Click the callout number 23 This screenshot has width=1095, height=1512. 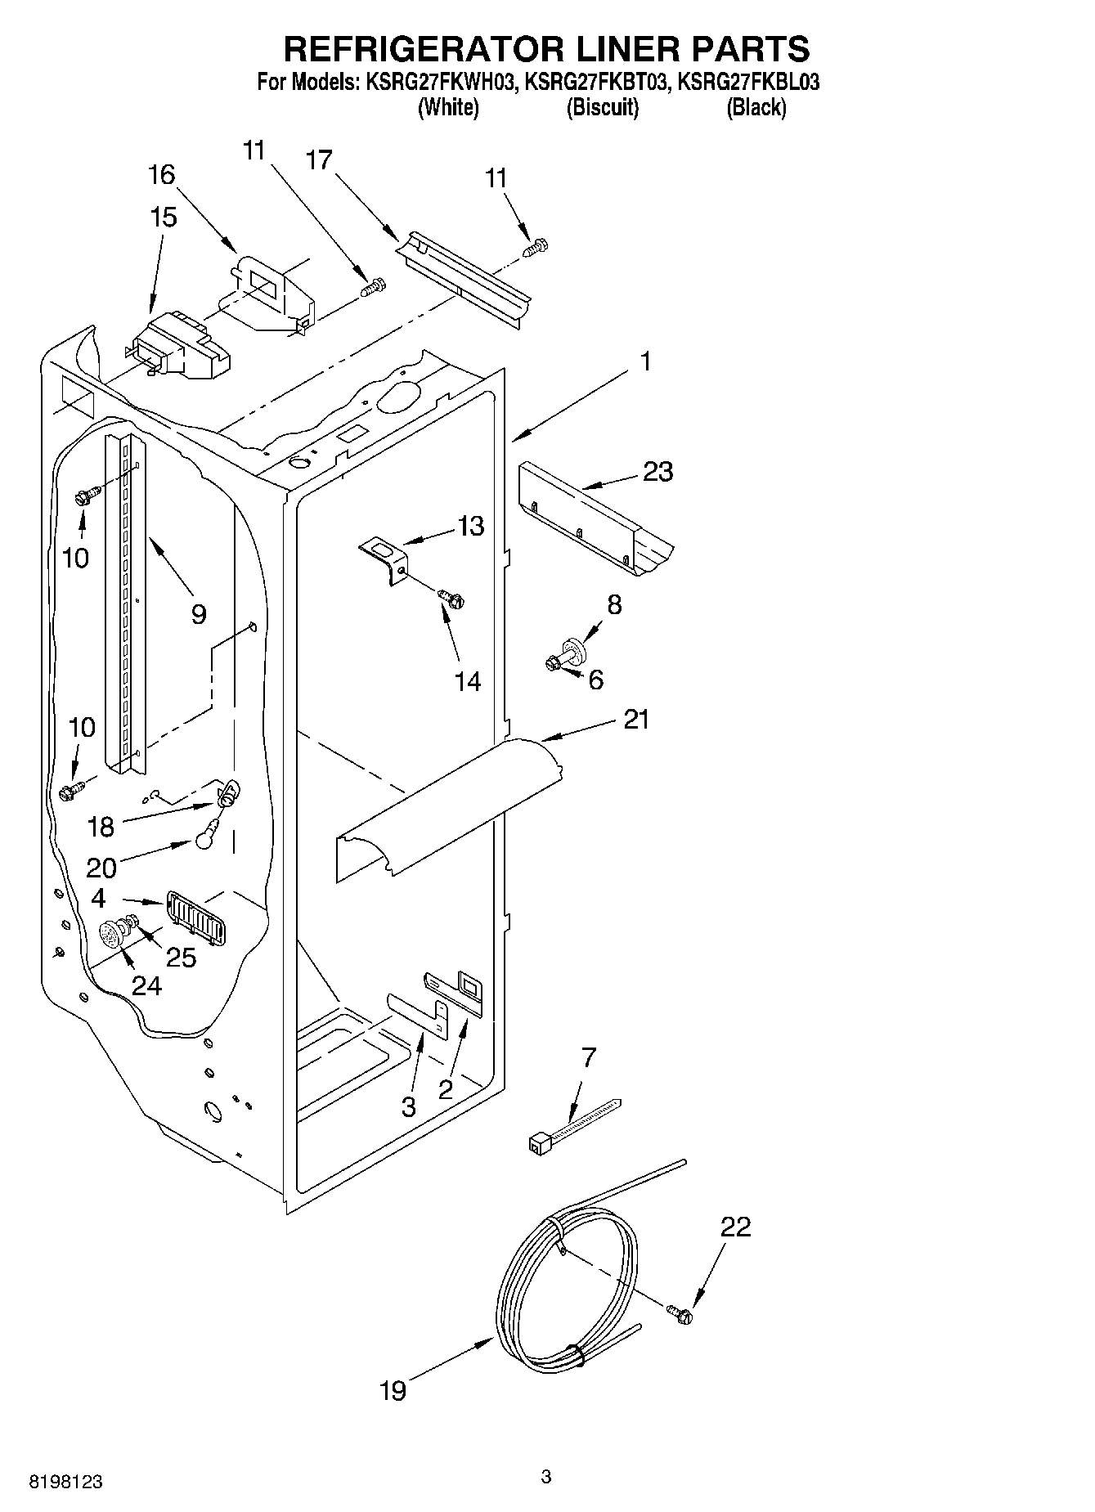pos(657,472)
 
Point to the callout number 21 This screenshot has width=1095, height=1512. pos(636,720)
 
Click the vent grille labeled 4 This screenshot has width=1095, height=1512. pos(196,917)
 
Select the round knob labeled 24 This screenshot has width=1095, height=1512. pos(110,934)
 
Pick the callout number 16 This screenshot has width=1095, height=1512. pos(162,174)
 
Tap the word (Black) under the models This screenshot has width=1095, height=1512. pos(756,107)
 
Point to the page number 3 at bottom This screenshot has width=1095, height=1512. pos(546,1476)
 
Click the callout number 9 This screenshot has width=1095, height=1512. pos(199,613)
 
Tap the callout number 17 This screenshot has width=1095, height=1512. pos(320,159)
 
